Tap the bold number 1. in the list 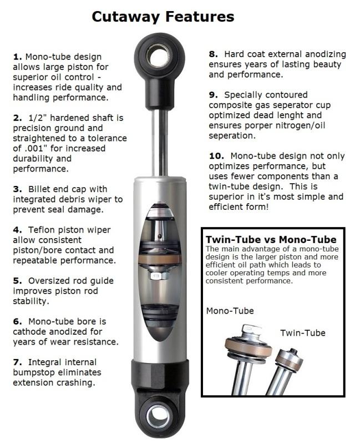[x=16, y=57]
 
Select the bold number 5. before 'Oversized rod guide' [x=16, y=281]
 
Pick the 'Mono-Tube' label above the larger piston [x=230, y=310]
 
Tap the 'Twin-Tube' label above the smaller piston [x=302, y=332]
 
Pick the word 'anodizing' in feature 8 [x=322, y=54]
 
